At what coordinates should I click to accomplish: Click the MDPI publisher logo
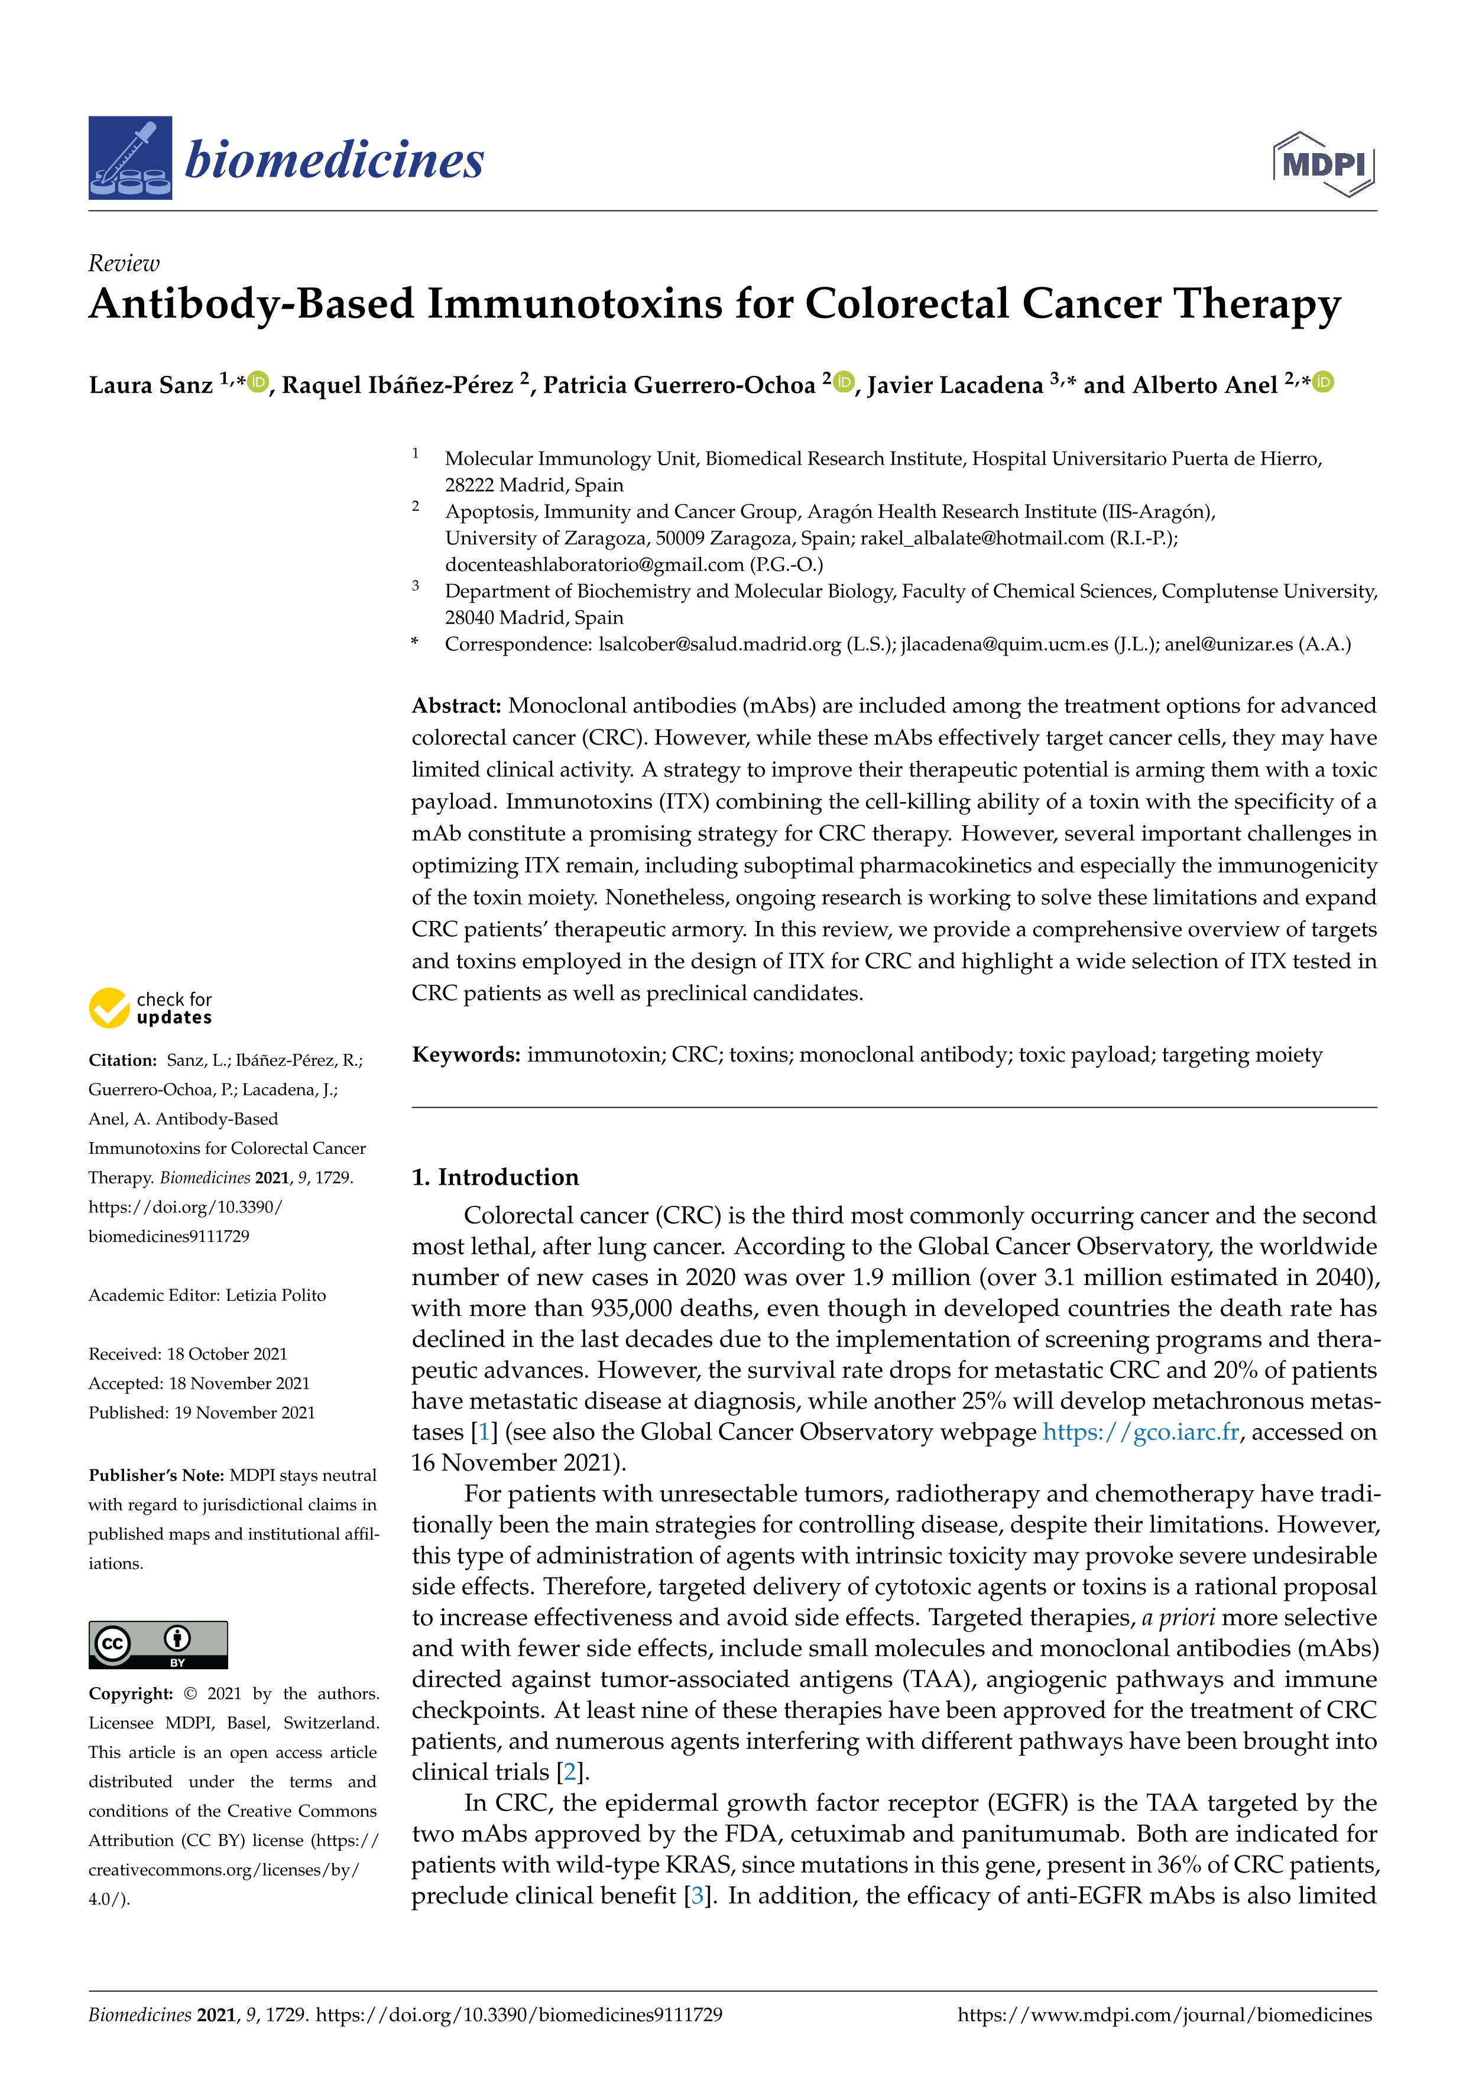[x=1324, y=164]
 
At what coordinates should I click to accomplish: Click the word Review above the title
[x=124, y=264]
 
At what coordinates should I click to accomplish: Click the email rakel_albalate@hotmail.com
[x=981, y=538]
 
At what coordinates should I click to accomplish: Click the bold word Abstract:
[x=456, y=706]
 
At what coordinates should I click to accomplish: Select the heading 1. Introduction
[x=495, y=1177]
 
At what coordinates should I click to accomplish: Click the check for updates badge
[x=151, y=1008]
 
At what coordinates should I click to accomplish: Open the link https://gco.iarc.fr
[x=1140, y=1432]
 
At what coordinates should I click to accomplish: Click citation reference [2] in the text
[x=569, y=1772]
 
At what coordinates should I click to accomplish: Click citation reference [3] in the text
[x=696, y=1894]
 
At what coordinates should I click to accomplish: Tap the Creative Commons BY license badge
[x=158, y=1645]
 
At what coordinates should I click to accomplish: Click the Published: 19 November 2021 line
[x=202, y=1413]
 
